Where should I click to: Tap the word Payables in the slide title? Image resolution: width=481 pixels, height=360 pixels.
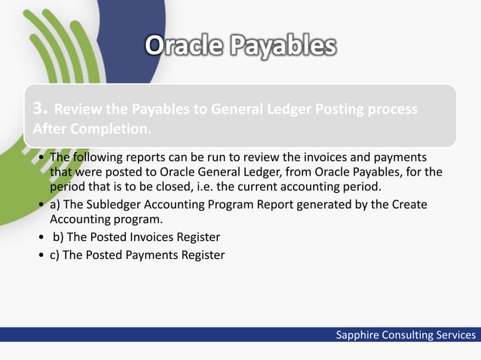280,47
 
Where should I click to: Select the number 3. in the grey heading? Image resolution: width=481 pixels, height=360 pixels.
41,109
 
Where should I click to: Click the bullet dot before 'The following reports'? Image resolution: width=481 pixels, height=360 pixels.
41,157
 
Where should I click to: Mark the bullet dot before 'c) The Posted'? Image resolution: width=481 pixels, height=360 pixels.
41,255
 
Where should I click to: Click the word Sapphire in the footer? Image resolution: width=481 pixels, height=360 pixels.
359,335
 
